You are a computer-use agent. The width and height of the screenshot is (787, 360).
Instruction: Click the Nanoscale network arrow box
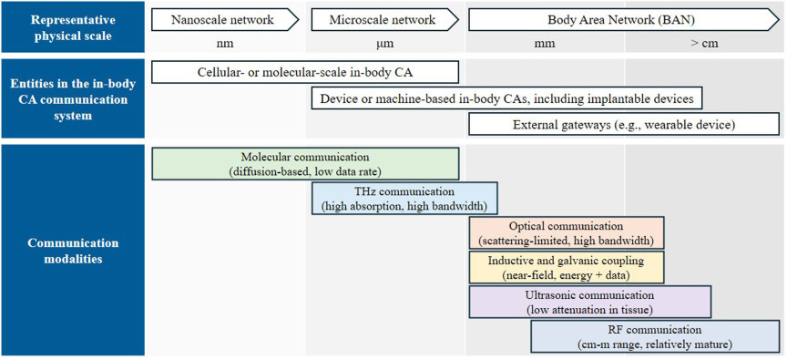225,21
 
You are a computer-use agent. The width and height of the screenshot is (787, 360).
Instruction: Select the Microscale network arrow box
385,21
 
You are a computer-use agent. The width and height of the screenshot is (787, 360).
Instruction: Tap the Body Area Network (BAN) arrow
624,21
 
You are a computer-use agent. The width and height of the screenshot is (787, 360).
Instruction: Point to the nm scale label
223,44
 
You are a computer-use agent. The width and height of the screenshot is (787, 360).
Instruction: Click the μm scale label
385,44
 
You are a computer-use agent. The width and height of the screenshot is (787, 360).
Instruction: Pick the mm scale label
545,44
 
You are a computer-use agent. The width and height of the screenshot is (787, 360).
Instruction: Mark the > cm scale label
704,44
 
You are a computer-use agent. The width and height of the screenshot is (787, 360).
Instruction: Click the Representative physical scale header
73,28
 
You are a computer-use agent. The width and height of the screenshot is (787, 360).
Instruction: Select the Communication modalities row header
73,251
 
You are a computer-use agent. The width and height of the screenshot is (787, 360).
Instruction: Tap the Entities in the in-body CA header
73,99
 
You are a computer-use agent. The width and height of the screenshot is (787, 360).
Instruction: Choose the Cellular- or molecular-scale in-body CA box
305,72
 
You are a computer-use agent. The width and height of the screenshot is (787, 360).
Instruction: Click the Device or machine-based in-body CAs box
506,98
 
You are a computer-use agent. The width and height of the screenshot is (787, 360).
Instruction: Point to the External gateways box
624,125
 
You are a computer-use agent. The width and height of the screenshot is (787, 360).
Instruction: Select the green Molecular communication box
305,164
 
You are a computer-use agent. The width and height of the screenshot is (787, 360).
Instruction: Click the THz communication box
404,199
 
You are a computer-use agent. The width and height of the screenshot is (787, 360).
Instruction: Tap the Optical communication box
567,233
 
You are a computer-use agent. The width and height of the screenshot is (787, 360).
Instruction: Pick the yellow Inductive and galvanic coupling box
567,268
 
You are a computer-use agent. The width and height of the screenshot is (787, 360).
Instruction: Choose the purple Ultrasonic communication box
589,302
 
